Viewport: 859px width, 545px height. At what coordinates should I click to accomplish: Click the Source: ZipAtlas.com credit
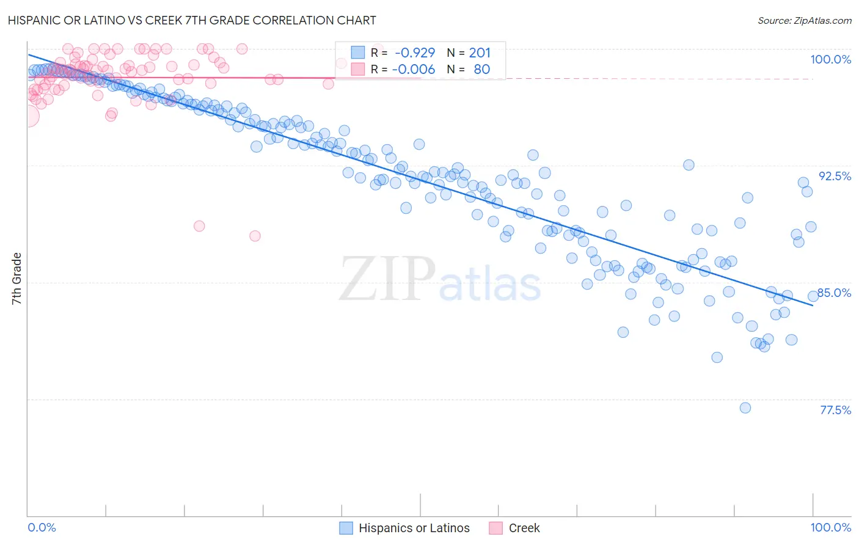pyautogui.click(x=804, y=20)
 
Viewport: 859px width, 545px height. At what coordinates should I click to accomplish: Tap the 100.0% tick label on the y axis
pyautogui.click(x=830, y=59)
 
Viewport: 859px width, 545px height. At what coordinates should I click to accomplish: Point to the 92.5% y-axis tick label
pyautogui.click(x=835, y=176)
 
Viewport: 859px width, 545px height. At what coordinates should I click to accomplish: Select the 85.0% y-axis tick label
pyautogui.click(x=834, y=293)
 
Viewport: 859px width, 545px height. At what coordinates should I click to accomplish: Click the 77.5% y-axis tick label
pyautogui.click(x=835, y=410)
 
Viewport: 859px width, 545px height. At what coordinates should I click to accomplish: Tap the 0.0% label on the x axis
pyautogui.click(x=42, y=527)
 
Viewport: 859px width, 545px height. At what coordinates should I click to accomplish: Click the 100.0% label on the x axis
pyautogui.click(x=830, y=527)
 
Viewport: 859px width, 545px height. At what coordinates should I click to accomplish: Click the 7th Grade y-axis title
pyautogui.click(x=16, y=279)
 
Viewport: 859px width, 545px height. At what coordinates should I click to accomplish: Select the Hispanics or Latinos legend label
pyautogui.click(x=414, y=528)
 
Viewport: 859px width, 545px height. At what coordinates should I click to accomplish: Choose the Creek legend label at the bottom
pyautogui.click(x=524, y=528)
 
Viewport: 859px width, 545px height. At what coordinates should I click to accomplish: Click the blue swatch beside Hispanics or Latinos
pyautogui.click(x=346, y=528)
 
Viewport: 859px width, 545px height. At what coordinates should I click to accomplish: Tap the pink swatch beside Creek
pyautogui.click(x=496, y=528)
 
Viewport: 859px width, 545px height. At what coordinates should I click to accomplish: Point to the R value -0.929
pyautogui.click(x=415, y=53)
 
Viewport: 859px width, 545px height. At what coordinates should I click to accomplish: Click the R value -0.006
pyautogui.click(x=414, y=69)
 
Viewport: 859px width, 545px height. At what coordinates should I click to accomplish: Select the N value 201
pyautogui.click(x=480, y=53)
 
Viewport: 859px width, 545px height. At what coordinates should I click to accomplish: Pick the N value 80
pyautogui.click(x=481, y=69)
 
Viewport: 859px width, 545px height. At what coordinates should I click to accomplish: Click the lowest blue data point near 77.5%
pyautogui.click(x=745, y=408)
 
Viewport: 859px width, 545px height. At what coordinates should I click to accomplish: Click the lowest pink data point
pyautogui.click(x=255, y=236)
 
